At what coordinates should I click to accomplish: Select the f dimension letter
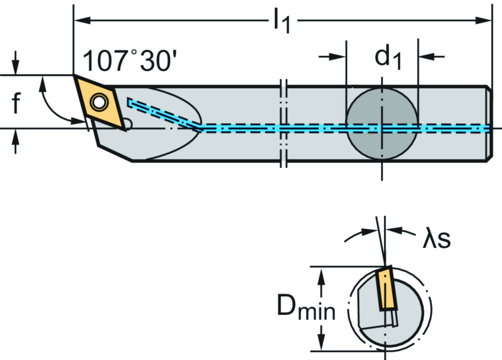pyautogui.click(x=16, y=104)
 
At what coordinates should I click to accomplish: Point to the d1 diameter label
pyautogui.click(x=388, y=58)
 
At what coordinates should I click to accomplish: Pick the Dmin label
pyautogui.click(x=306, y=309)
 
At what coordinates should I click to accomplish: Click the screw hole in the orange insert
pyautogui.click(x=100, y=102)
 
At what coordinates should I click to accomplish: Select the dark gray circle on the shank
pyautogui.click(x=381, y=124)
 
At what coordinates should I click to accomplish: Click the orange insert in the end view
pyautogui.click(x=387, y=288)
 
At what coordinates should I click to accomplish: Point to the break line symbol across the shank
pyautogui.click(x=283, y=124)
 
